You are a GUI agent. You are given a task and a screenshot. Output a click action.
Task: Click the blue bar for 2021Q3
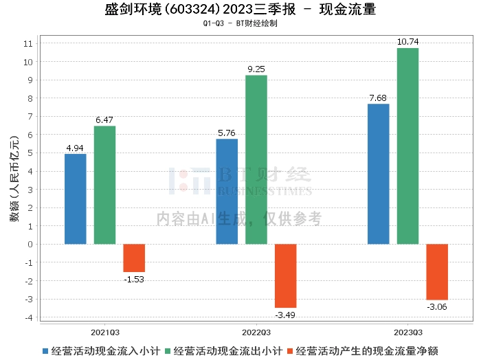[76, 199]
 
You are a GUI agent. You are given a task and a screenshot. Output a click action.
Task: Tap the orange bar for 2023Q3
[437, 271]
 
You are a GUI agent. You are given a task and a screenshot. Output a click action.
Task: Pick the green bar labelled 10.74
[407, 146]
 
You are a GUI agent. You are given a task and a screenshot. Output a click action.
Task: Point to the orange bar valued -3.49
[286, 275]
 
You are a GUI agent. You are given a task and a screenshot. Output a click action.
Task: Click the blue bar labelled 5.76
[227, 191]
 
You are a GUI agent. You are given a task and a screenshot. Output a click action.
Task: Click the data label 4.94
[76, 148]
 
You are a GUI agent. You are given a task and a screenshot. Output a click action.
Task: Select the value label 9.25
[256, 69]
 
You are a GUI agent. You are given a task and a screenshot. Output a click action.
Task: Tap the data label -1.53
[134, 278]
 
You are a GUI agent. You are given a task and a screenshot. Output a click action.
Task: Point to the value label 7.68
[379, 98]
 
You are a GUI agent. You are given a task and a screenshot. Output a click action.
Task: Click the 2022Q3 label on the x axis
[256, 330]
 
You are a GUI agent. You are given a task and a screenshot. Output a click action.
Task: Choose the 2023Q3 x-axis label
[407, 330]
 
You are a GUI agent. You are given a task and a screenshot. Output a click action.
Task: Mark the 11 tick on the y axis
[28, 43]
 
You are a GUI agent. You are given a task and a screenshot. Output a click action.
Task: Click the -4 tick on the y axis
[28, 317]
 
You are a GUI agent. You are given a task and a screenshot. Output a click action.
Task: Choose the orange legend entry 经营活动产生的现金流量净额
[368, 350]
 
